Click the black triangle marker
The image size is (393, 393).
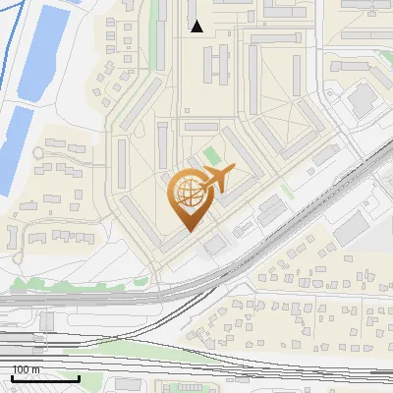[197, 27]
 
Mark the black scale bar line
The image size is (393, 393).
[45, 377]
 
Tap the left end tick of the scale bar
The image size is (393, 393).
[12, 375]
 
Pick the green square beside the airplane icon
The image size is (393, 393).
[211, 156]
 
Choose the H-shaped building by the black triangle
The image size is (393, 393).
[214, 65]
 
